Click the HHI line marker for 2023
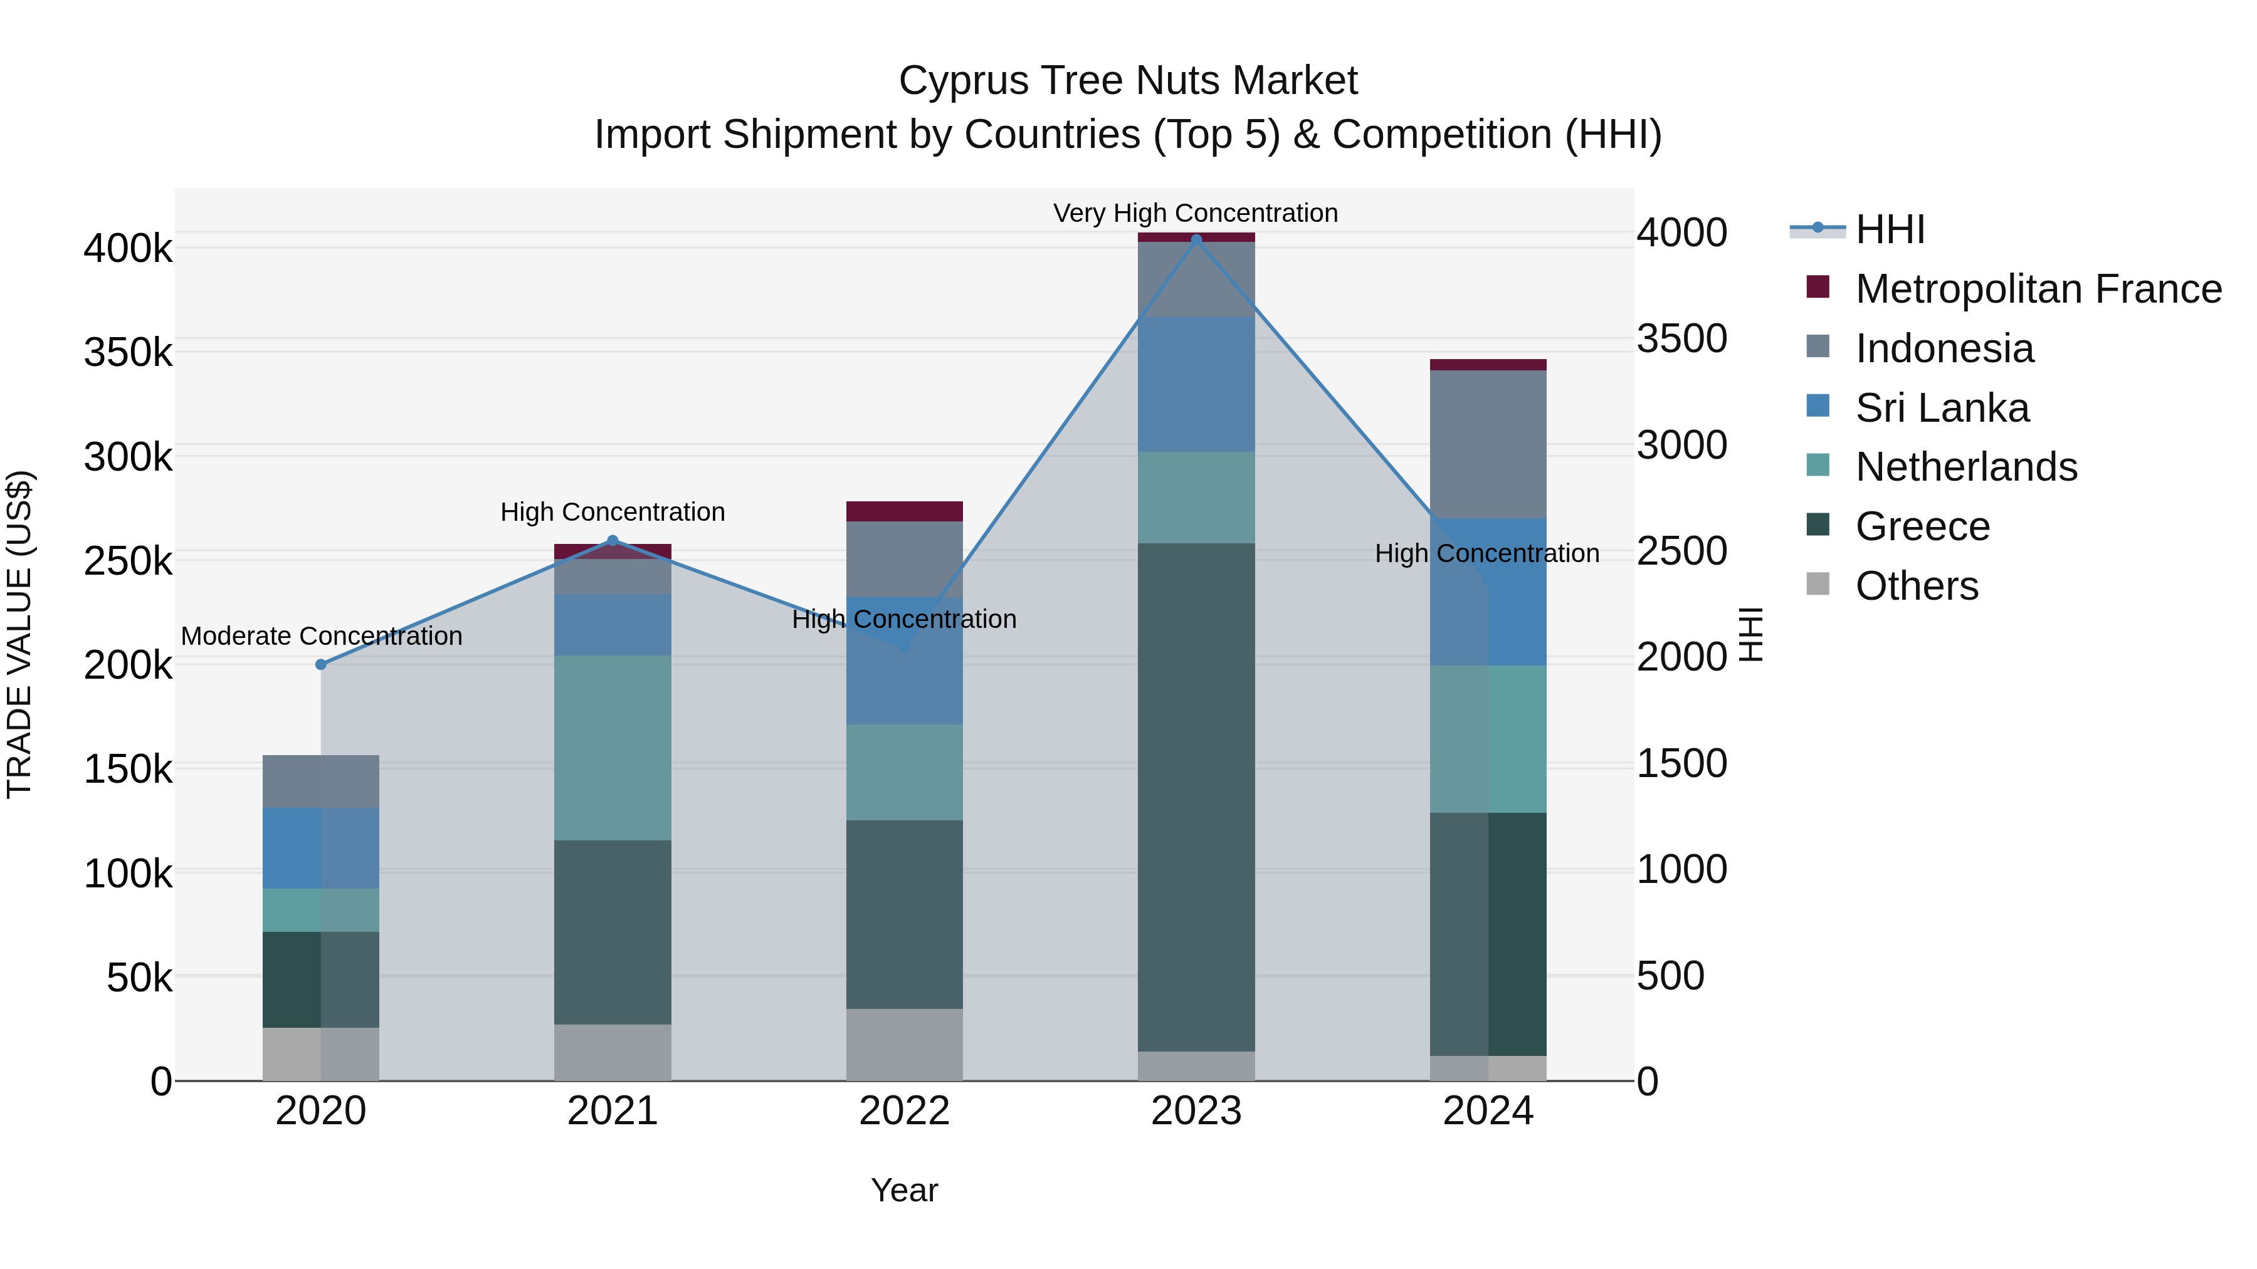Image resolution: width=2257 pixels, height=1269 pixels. click(x=1196, y=239)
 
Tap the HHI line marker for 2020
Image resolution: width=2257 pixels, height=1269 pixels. click(x=320, y=665)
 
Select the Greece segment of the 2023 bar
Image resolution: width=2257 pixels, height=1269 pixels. click(x=1196, y=797)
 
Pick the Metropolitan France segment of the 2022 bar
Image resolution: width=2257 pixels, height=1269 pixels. click(x=904, y=511)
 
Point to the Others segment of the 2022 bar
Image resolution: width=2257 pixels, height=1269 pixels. click(x=904, y=1045)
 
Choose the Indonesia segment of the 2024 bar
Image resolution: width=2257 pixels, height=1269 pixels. click(x=1488, y=444)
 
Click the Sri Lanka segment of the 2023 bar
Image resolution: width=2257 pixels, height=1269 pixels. click(x=1196, y=385)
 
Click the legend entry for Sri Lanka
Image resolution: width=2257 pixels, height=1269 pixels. click(x=1942, y=408)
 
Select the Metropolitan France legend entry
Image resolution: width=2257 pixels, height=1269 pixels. click(x=2038, y=289)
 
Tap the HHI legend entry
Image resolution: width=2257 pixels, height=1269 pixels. click(x=1890, y=229)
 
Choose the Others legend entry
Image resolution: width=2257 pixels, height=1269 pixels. click(x=1916, y=586)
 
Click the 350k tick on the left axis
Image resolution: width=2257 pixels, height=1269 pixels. click(x=128, y=353)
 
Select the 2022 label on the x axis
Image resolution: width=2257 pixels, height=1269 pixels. click(x=904, y=1111)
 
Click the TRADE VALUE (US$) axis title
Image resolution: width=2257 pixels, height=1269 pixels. click(x=19, y=634)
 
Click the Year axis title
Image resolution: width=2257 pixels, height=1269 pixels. click(x=904, y=1190)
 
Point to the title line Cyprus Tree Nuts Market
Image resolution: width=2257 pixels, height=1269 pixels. click(x=1128, y=81)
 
